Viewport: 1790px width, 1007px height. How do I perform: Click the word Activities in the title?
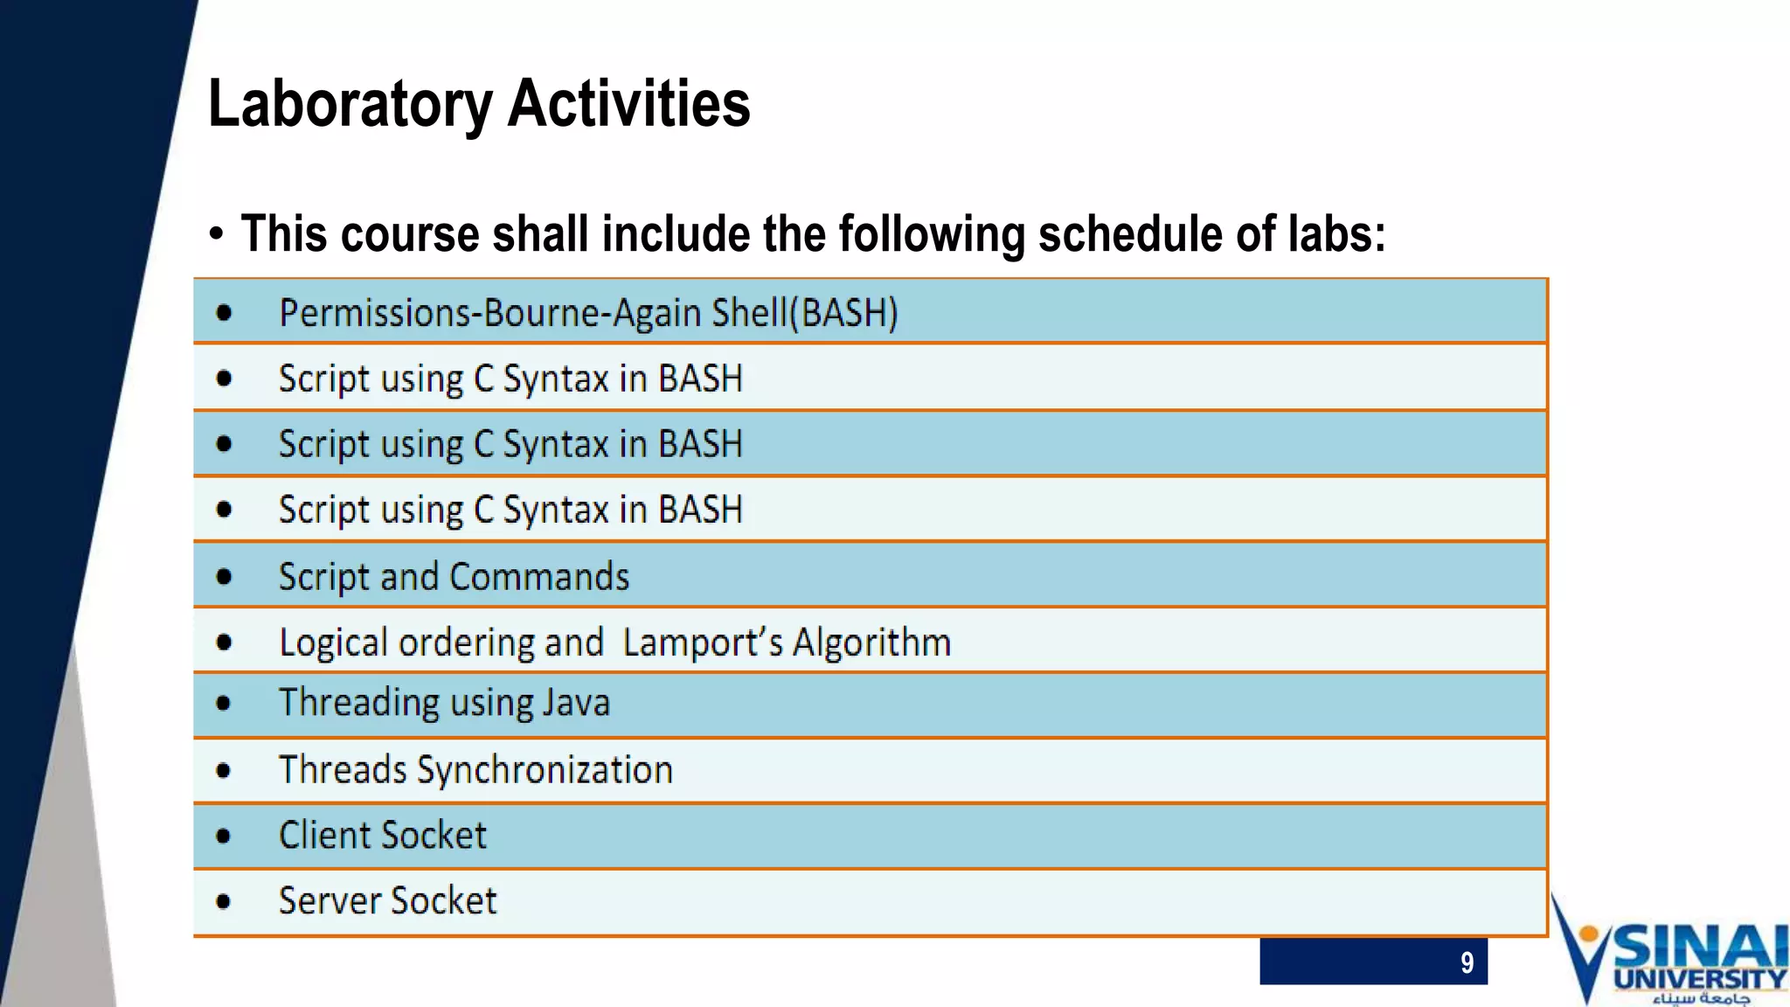tap(628, 103)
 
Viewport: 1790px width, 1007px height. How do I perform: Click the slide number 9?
tap(1467, 962)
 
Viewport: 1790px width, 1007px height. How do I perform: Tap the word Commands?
tap(539, 577)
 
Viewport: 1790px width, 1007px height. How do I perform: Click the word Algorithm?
tap(871, 643)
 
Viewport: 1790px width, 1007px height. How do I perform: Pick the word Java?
tap(576, 704)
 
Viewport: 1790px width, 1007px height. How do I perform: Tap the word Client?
tap(325, 836)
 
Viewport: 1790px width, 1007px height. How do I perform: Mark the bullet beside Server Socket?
tap(224, 901)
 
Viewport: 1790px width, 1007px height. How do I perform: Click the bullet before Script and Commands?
tap(224, 577)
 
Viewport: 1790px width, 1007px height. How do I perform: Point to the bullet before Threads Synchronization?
tap(224, 771)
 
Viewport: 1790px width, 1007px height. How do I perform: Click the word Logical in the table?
tap(333, 643)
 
